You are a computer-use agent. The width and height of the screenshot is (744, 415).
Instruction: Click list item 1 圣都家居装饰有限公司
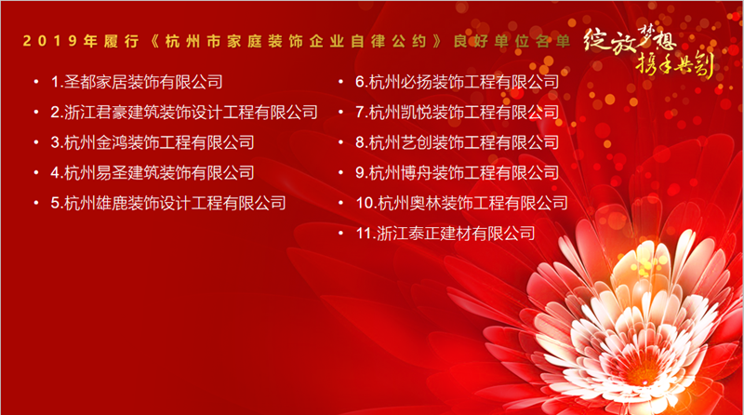coord(137,82)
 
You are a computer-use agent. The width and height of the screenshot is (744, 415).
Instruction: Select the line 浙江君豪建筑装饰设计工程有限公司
coord(184,113)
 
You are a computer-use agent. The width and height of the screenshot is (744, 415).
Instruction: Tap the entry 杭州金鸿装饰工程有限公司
coord(153,143)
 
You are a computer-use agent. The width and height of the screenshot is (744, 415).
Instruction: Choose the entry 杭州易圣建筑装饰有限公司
coord(153,173)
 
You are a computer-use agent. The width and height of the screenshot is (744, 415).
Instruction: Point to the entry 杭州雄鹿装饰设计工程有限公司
coord(168,203)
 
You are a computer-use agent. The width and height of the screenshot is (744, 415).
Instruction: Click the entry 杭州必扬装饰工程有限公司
coord(458,82)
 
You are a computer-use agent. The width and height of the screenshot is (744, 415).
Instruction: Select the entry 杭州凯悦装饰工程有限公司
coord(458,113)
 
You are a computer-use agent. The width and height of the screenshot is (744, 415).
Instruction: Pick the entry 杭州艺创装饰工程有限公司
coord(458,143)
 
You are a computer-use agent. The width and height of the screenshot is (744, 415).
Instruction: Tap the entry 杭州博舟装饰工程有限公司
coord(458,173)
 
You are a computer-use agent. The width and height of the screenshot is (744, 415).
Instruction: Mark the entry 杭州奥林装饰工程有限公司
coord(461,203)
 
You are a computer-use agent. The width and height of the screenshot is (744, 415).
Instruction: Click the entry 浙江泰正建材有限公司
coord(445,234)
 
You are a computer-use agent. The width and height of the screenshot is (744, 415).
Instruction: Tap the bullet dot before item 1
coord(36,82)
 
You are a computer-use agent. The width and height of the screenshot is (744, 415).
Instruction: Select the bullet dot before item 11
coord(341,234)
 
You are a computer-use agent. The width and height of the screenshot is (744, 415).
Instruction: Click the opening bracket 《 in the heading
coord(154,41)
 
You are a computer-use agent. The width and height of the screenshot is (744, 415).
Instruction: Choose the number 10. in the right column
coord(365,204)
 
